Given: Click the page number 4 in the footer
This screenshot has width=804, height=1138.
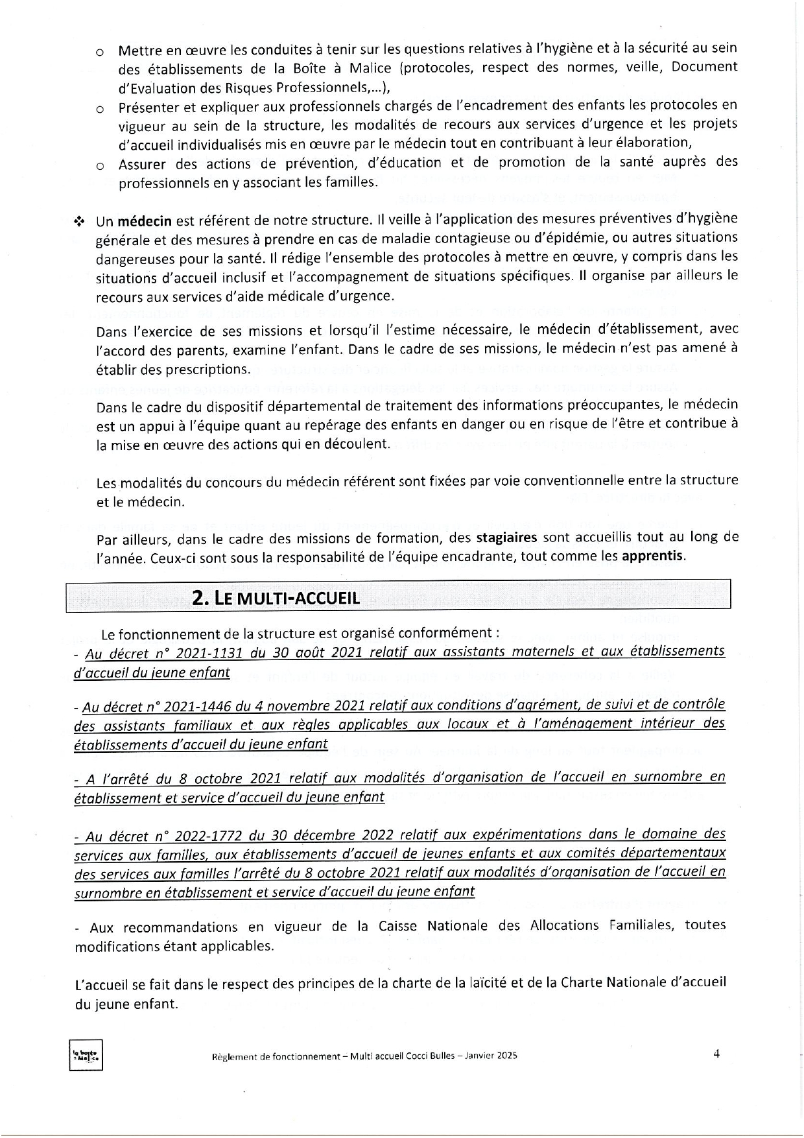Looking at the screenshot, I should (x=716, y=1054).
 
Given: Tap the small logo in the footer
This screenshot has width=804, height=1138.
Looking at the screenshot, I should (x=86, y=1056).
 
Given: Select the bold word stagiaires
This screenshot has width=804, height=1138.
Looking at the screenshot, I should (x=506, y=538).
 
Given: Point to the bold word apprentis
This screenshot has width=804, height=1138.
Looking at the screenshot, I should (x=652, y=556).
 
